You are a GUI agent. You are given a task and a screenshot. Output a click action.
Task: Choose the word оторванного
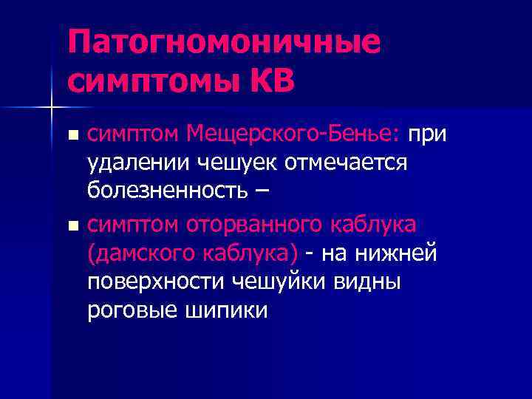261,222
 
